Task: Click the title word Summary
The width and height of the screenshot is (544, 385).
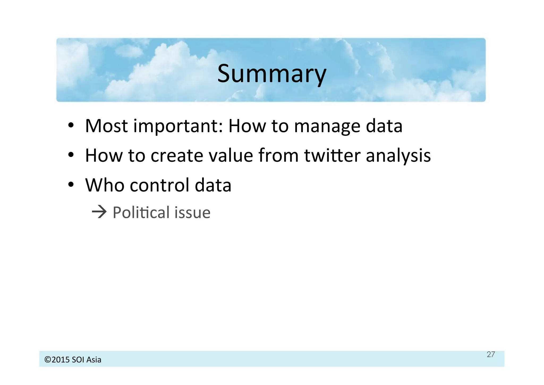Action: click(x=271, y=74)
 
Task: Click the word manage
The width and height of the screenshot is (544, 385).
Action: click(x=327, y=127)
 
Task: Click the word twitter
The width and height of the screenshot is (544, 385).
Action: click(x=332, y=155)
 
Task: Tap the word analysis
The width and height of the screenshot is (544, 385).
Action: click(x=398, y=156)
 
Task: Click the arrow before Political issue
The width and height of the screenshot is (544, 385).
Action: click(x=99, y=212)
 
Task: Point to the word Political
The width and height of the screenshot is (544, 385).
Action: click(x=141, y=213)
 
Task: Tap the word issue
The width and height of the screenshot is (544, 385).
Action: click(x=193, y=213)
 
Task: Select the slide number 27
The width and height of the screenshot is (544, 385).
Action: click(x=491, y=354)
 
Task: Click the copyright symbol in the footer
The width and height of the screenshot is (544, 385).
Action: click(x=48, y=360)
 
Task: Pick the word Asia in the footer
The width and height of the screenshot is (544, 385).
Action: click(x=94, y=360)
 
